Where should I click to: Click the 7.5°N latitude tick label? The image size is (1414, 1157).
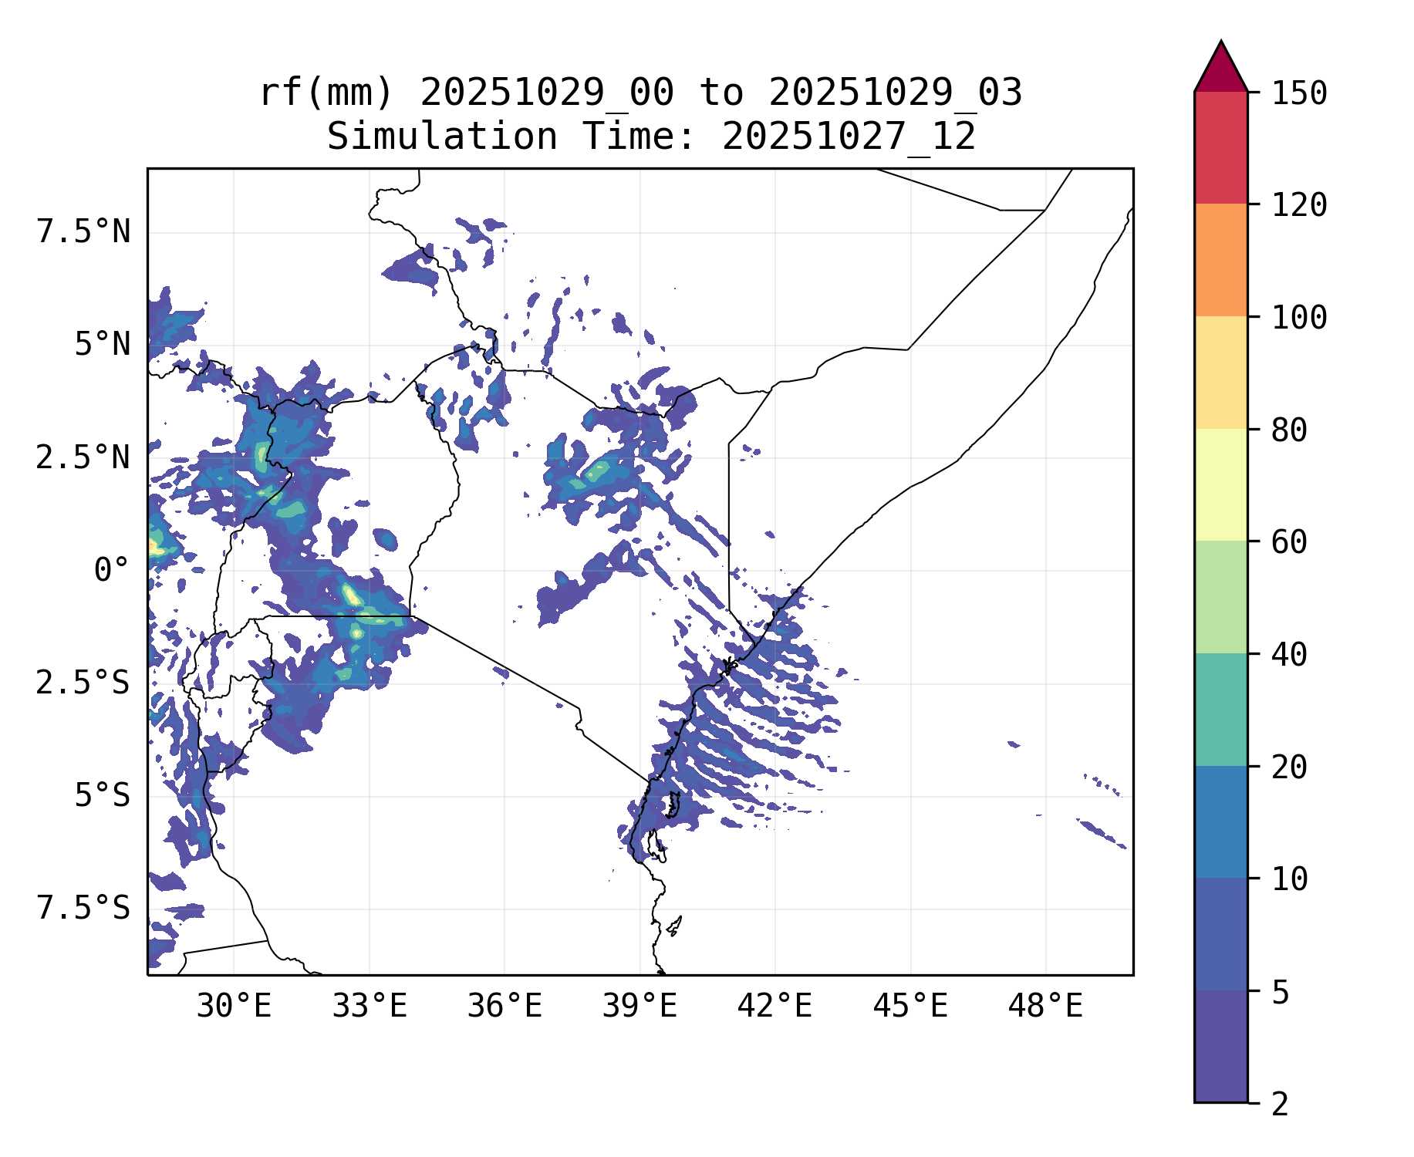[x=83, y=232]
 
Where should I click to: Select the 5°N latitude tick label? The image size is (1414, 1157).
[x=102, y=345]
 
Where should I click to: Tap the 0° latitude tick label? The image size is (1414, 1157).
[x=112, y=571]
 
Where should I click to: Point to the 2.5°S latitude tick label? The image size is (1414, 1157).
[x=83, y=683]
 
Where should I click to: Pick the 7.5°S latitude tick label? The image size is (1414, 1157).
[x=83, y=909]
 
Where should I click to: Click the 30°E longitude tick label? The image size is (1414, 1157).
[x=234, y=1007]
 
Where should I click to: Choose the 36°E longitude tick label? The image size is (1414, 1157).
[x=505, y=1007]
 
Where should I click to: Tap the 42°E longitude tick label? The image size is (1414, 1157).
[x=775, y=1007]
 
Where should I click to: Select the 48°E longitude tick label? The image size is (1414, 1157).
[x=1045, y=1007]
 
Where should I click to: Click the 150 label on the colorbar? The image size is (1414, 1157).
[x=1299, y=94]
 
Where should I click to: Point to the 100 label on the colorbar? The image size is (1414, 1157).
[x=1299, y=318]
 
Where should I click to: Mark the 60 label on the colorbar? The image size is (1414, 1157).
[x=1289, y=542]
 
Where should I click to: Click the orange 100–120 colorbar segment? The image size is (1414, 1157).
[x=1220, y=260]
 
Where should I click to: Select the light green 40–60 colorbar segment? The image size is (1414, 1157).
[x=1220, y=597]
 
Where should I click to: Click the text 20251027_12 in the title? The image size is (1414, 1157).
[x=849, y=137]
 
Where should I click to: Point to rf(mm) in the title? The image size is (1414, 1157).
[x=326, y=93]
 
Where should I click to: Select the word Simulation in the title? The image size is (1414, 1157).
[x=442, y=137]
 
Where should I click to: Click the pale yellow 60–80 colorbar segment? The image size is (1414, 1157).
[x=1220, y=484]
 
